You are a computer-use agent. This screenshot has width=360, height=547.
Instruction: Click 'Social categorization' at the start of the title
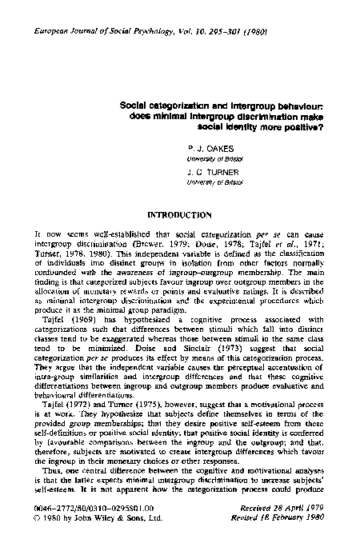click(154, 103)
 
